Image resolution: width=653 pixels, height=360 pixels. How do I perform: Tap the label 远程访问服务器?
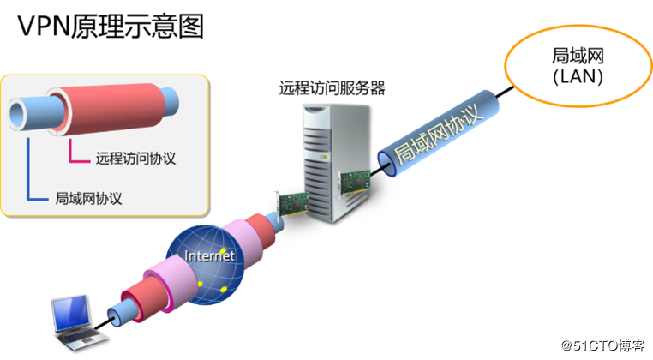332,87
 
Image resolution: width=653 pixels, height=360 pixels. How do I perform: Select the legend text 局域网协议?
89,199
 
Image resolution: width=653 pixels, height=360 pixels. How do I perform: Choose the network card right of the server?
355,182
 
